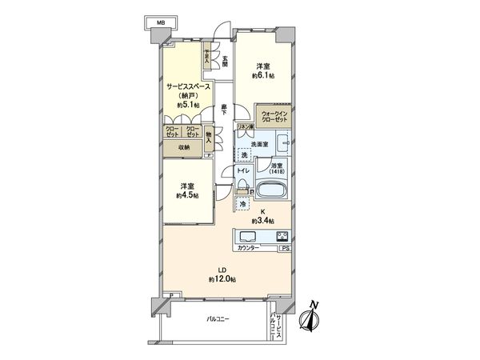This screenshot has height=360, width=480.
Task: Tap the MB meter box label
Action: click(162, 25)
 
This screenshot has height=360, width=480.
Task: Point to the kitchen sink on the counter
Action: click(246, 236)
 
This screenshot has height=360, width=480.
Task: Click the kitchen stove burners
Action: click(282, 236)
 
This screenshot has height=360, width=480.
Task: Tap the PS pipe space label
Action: click(286, 250)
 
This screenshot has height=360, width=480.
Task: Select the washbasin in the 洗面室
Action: click(282, 144)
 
